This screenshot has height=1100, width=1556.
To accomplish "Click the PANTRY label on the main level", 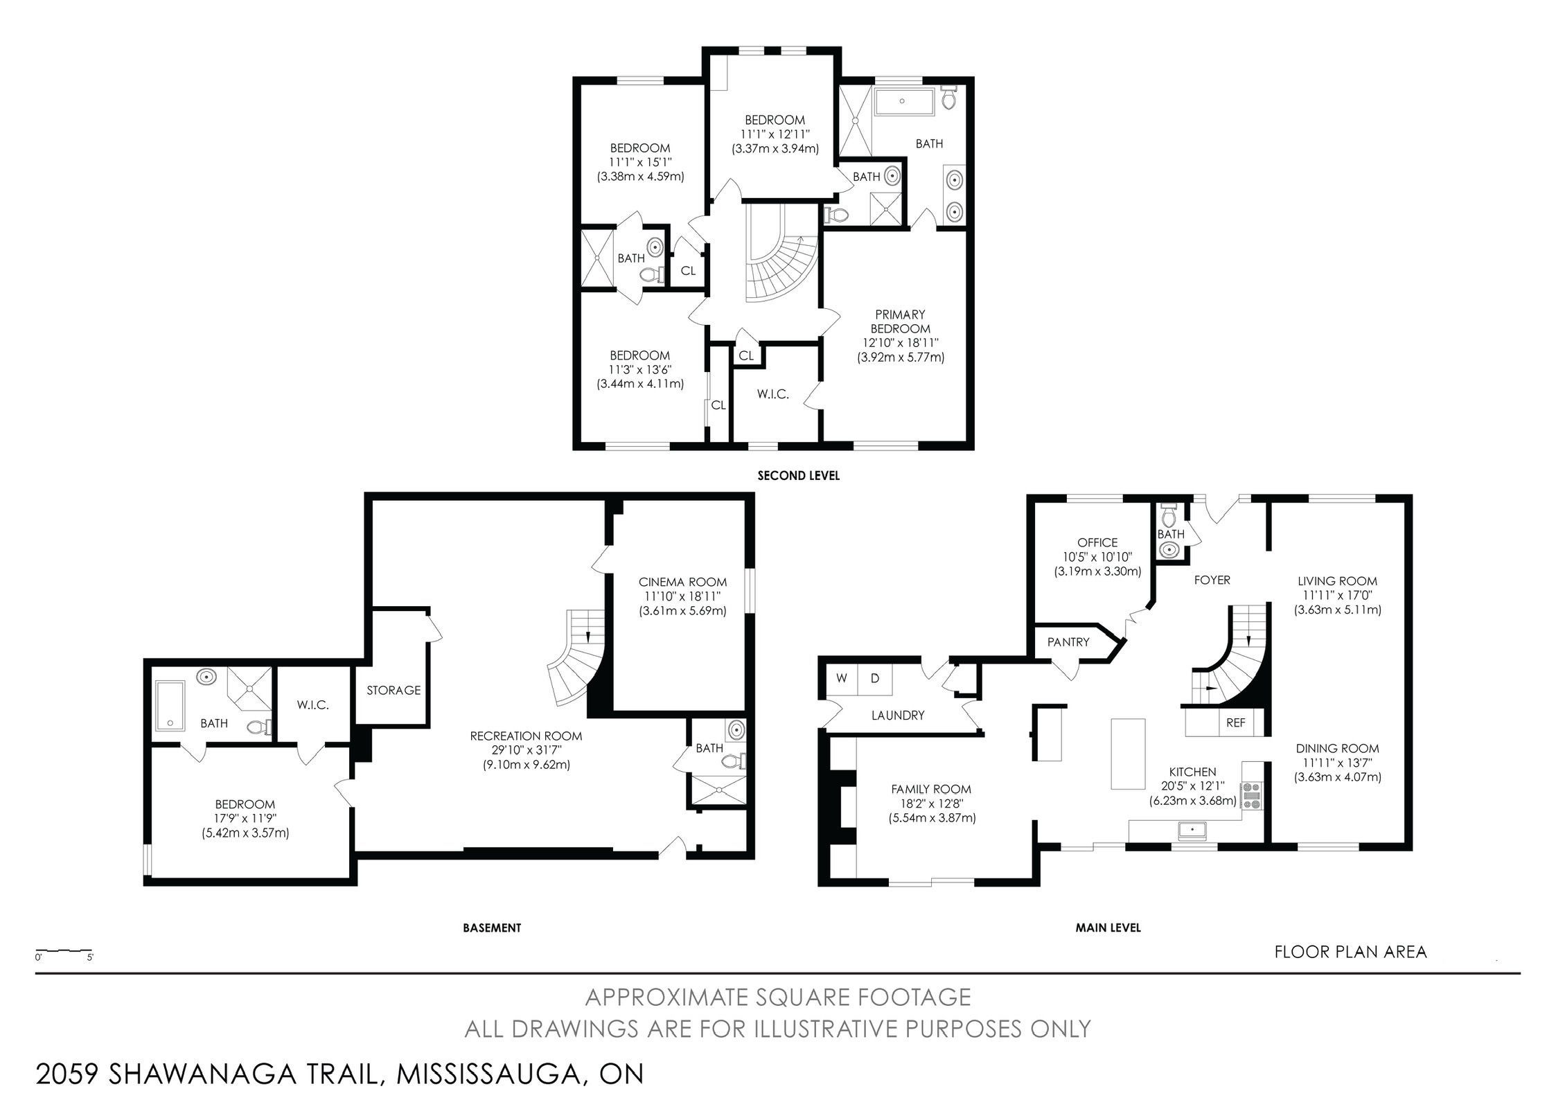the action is point(1068,642).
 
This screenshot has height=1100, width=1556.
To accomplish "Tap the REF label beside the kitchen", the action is point(1235,722).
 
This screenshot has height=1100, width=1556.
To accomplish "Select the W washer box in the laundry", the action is point(842,678).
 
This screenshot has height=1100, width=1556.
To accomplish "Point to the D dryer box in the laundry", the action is point(875,678).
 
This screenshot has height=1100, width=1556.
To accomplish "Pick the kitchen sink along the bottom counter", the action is point(1193,828).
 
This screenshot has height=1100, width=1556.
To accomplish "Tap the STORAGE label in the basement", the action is point(394,690).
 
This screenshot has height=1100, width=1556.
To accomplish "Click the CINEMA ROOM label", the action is point(682,582).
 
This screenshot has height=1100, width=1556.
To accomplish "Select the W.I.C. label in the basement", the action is point(312,705).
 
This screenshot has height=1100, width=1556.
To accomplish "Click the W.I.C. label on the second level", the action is point(772,394).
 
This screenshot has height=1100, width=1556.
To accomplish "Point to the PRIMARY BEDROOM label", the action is point(900,321).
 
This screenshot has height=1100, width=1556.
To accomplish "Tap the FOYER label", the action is point(1212,580).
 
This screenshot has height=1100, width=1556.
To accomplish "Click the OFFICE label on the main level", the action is point(1097,542).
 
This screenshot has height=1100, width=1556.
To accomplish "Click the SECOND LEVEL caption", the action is point(798,476).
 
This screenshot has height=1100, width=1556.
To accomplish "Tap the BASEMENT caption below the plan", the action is point(492,928).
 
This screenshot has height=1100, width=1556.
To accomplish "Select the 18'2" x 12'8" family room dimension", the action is point(932,804).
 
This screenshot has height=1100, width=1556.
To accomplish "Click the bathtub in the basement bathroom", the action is point(170,705).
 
